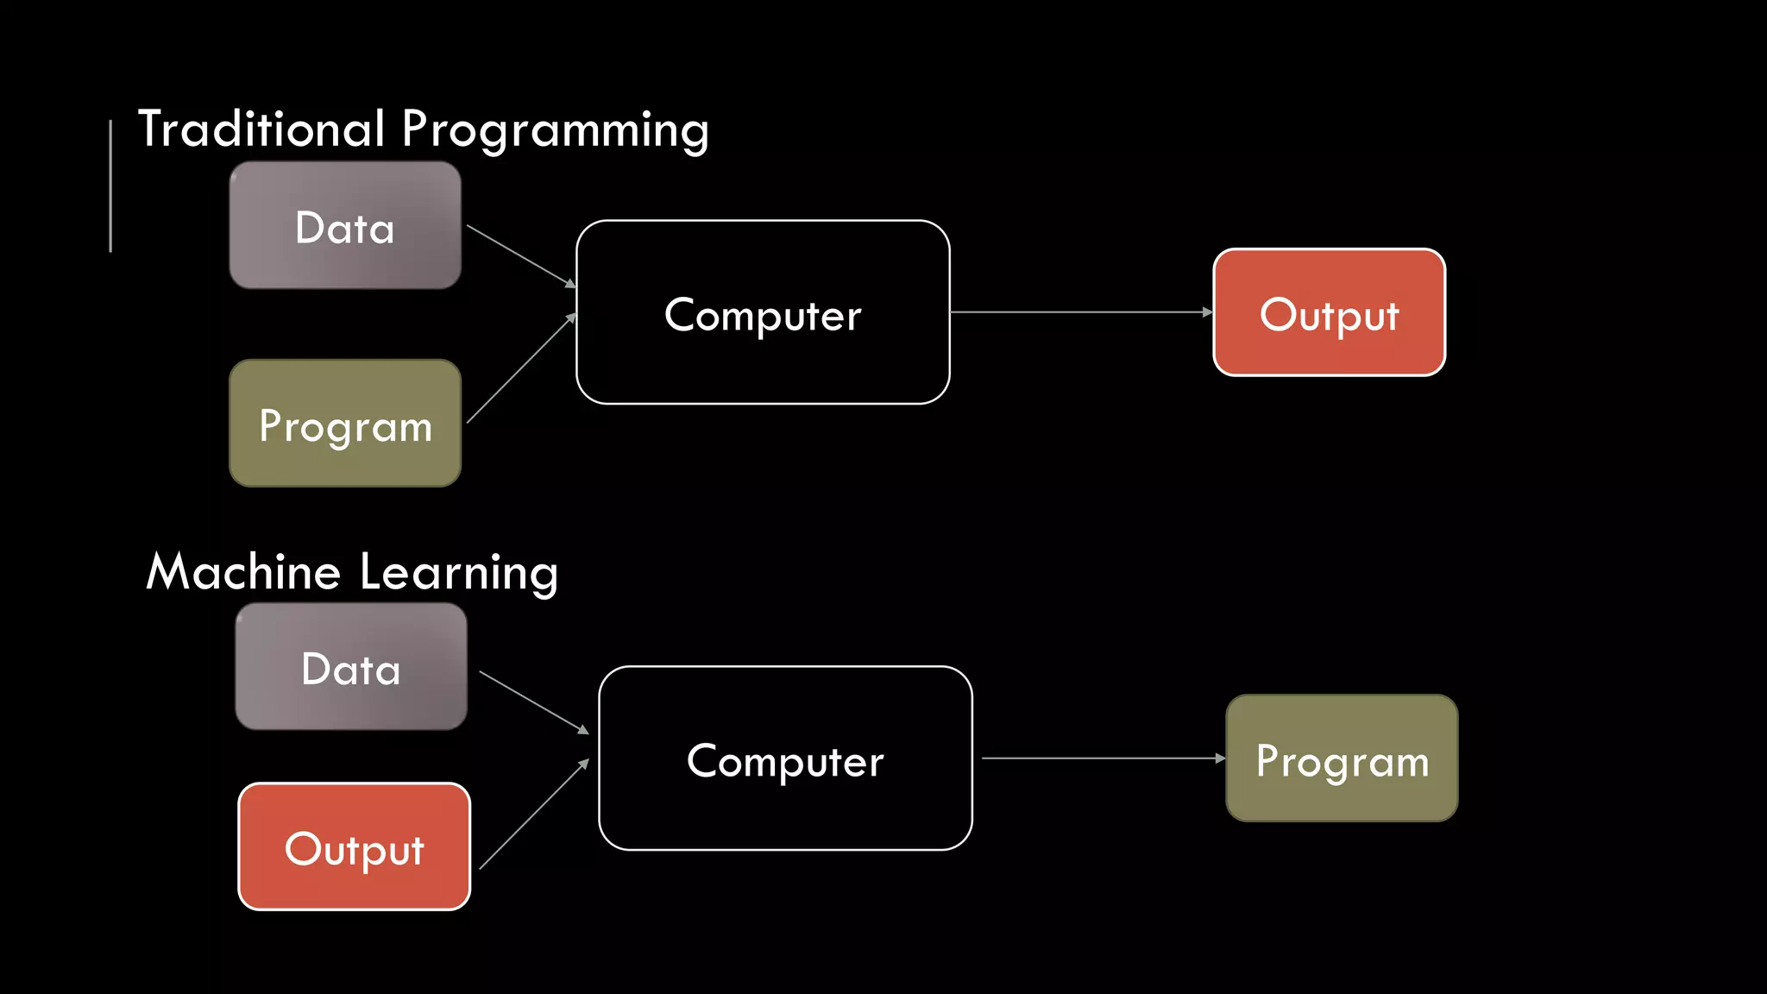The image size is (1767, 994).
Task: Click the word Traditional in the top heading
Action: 261,129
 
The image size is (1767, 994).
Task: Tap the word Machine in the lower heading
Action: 243,572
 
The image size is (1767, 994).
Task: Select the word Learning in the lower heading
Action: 458,573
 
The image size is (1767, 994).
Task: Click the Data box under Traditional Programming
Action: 345,226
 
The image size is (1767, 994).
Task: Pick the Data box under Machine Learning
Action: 351,667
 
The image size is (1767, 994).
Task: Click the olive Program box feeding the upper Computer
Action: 345,424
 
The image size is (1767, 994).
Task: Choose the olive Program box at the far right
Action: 1342,758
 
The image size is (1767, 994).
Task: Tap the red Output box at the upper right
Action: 1329,312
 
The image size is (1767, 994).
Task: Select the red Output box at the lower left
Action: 354,846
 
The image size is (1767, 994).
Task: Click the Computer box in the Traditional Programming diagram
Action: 763,312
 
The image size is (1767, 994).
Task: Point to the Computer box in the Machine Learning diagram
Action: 785,758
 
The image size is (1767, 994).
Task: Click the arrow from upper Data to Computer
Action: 521,256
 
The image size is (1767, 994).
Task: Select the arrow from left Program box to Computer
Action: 521,368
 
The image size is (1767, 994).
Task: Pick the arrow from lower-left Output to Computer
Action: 533,815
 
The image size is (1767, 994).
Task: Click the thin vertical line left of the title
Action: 110,186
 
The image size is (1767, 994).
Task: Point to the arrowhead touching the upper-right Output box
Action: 1207,312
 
